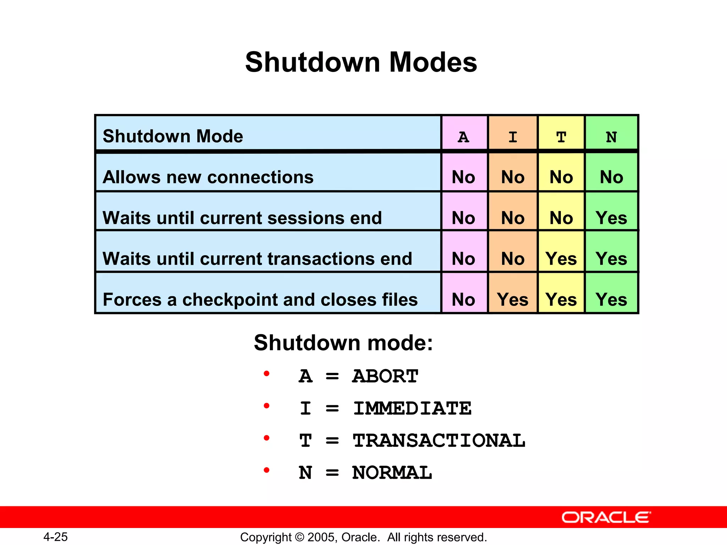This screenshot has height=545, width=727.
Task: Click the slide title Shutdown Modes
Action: click(x=361, y=62)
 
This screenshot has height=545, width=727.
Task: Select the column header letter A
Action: click(x=463, y=137)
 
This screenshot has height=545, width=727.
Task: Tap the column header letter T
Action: click(x=561, y=137)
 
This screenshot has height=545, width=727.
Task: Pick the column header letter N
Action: click(x=611, y=137)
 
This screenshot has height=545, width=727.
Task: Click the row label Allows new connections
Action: click(x=208, y=177)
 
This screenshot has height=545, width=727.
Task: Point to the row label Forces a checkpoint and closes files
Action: click(x=260, y=299)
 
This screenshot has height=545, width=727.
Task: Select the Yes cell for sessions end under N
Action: click(x=611, y=218)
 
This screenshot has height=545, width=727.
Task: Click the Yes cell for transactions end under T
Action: click(x=561, y=259)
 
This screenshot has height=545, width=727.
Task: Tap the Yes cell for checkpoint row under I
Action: click(x=513, y=299)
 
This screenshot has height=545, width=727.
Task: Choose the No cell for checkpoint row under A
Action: click(x=463, y=299)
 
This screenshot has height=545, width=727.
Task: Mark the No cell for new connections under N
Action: click(x=611, y=177)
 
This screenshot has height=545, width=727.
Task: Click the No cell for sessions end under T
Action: click(x=561, y=218)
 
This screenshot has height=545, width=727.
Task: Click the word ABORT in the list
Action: click(x=385, y=376)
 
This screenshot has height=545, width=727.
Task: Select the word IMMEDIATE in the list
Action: click(x=412, y=408)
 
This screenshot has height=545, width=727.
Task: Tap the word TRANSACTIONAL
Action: click(x=439, y=441)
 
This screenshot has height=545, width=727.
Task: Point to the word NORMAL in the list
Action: click(x=392, y=473)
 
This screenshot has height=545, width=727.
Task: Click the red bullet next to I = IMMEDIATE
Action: click(x=267, y=406)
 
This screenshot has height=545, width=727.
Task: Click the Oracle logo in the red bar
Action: click(x=606, y=517)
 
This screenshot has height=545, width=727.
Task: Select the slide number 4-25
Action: click(x=55, y=537)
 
